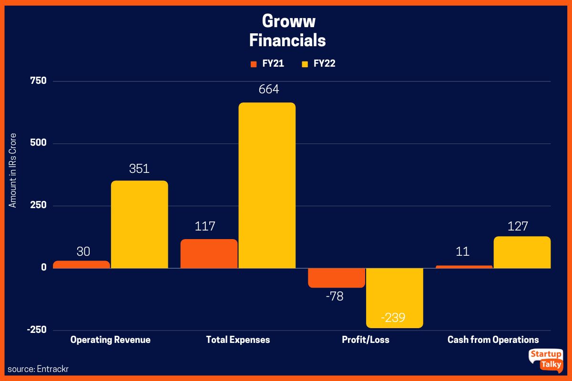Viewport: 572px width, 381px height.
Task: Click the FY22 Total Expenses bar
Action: tap(267, 186)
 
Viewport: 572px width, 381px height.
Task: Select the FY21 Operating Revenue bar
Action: tap(82, 264)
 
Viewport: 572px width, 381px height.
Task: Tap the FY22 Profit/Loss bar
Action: tap(394, 298)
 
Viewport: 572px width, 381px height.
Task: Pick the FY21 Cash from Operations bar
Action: tap(464, 267)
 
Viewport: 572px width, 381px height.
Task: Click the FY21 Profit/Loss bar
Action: tap(337, 278)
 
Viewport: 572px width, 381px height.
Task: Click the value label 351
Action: tap(139, 169)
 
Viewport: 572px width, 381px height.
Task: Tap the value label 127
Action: tap(518, 226)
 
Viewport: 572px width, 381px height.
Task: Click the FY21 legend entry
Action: tap(268, 64)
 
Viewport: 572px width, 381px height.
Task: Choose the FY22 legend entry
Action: tap(318, 64)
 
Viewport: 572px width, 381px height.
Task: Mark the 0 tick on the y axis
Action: tap(44, 268)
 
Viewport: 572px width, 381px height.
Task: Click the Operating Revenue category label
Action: tap(110, 340)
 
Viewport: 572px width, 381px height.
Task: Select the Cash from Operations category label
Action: tap(493, 340)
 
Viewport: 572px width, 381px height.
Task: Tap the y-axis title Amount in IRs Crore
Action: tap(13, 170)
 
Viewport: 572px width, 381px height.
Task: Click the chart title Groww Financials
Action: tap(287, 31)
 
